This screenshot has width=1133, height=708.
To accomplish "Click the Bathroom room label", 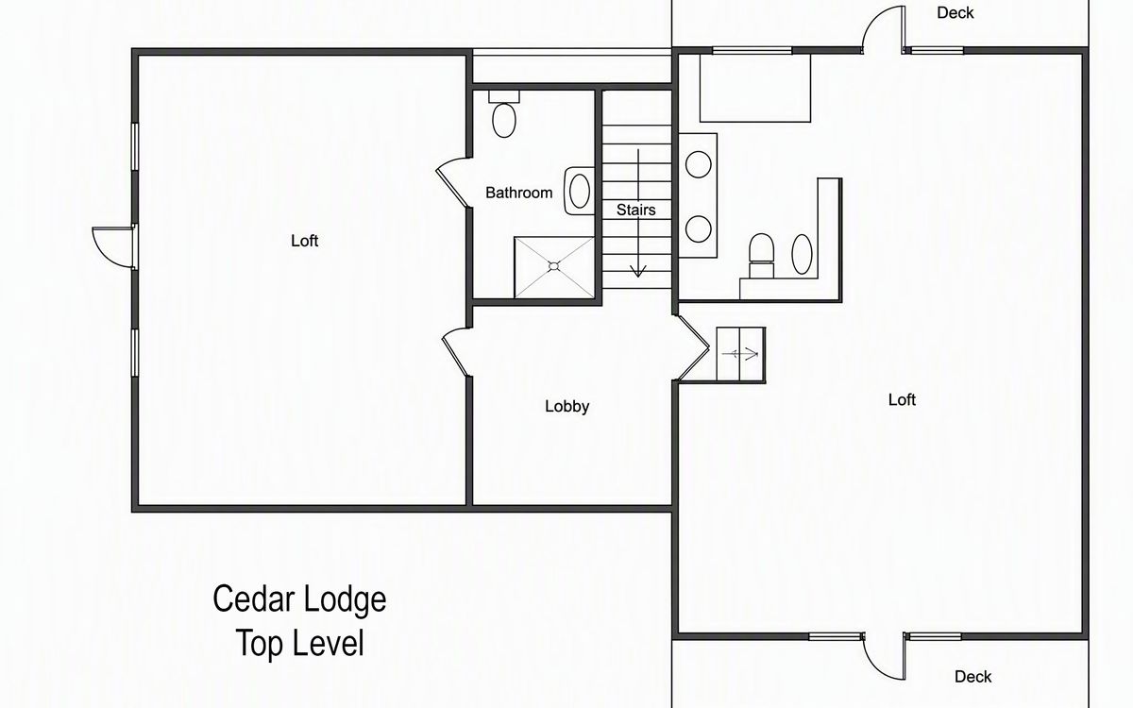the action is pos(519,193).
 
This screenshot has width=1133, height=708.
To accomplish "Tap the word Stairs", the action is pos(635,210).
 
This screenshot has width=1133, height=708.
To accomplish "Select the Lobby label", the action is pos(567,407).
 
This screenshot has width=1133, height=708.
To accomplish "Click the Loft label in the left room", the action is pos(304,241).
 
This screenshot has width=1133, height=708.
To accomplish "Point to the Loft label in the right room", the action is pos(902,400).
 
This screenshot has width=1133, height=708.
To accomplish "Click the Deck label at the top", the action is pos(955,12).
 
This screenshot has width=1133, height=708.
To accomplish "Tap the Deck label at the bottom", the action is pos(972,677).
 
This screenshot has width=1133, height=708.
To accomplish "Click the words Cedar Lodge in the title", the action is pos(299,599).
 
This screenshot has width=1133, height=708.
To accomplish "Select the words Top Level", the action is pos(300,643).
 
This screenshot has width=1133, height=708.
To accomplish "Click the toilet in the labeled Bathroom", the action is pos(504,115).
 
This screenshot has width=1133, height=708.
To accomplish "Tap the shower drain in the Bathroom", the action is pos(554,266).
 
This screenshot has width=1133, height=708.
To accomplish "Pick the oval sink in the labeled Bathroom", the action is pos(580,191).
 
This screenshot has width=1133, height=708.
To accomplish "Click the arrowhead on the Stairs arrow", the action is pos(638,271).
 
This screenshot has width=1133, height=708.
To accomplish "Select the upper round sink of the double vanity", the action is pos(698,164).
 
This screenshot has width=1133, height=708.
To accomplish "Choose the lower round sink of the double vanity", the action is pos(698,228).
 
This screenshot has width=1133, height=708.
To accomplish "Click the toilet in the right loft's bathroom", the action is pos(761,256).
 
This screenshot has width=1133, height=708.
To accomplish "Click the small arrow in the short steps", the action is pos(740,354).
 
